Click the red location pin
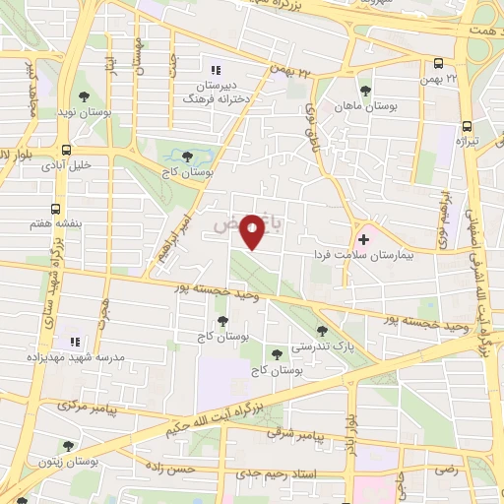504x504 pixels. tap(255, 230)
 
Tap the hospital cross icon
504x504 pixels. tap(364, 238)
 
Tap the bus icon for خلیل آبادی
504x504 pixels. tap(65, 151)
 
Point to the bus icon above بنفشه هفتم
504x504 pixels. tap(56, 209)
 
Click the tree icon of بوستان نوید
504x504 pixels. tap(85, 95)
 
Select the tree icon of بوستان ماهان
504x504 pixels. tap(365, 90)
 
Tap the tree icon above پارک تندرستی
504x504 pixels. tap(321, 332)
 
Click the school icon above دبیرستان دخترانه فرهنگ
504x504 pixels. tap(217, 69)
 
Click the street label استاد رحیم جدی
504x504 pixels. tap(267, 474)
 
